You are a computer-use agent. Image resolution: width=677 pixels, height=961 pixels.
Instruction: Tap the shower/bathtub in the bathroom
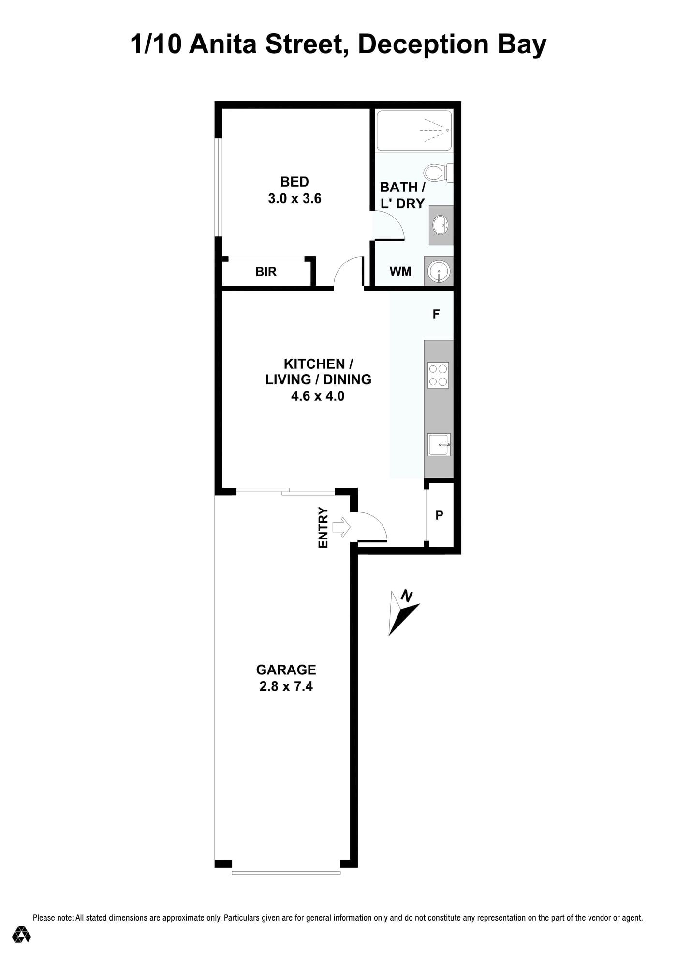[414, 131]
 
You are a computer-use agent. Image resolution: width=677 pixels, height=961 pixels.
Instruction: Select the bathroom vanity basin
[441, 225]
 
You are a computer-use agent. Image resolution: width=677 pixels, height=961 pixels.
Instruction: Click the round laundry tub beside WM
[439, 271]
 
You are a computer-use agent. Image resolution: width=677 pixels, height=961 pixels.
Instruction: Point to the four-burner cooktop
[438, 375]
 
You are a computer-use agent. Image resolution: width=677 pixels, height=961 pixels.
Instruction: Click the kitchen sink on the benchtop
[439, 444]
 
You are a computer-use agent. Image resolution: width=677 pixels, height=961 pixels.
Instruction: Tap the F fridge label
[436, 314]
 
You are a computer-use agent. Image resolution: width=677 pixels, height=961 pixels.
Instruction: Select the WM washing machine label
[400, 272]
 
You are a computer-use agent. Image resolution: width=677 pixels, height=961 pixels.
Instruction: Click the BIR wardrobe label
[266, 272]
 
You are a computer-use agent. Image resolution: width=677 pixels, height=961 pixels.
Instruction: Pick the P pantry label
[439, 515]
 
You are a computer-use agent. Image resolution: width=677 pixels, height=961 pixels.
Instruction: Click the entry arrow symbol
[341, 526]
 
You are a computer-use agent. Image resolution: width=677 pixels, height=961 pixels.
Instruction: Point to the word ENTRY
[323, 527]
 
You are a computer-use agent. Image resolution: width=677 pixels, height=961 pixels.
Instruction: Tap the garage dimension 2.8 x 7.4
[286, 686]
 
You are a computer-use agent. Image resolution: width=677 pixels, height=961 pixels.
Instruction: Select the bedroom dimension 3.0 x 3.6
[295, 199]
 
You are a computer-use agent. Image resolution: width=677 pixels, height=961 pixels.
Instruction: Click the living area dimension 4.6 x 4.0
[318, 396]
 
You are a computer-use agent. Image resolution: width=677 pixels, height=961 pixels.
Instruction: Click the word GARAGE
[286, 670]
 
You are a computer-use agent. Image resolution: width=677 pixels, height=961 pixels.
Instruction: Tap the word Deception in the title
[423, 45]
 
